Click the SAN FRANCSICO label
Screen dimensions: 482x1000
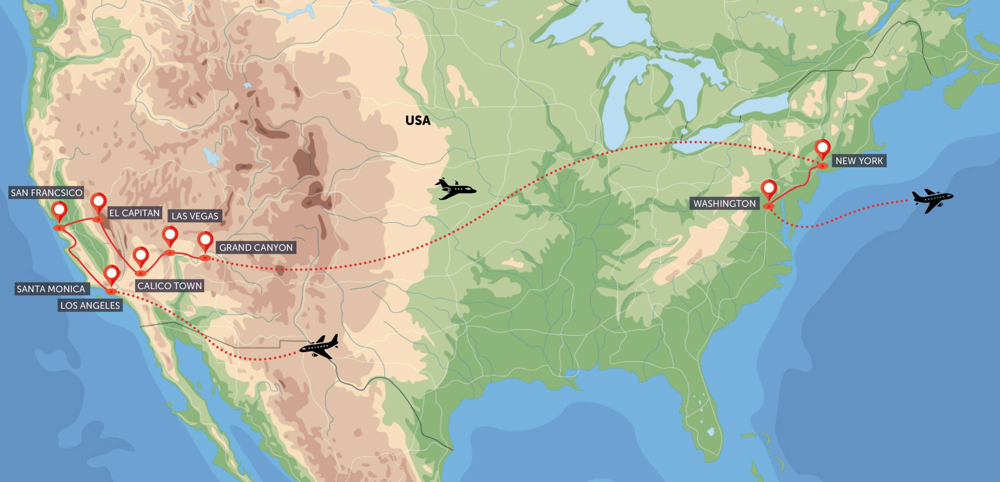46,193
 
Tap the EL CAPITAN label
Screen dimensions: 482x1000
134,213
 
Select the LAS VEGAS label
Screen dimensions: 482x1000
195,216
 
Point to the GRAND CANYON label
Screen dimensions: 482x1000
256,248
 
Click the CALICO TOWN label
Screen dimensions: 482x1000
170,286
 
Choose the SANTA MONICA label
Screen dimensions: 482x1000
51,289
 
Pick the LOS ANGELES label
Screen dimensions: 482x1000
90,305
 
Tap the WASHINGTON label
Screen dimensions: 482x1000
724,204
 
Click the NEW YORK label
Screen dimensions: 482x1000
859,161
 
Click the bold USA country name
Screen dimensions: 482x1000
418,121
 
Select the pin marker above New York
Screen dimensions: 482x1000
823,148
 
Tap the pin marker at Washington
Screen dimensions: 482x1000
769,189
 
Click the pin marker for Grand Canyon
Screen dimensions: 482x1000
205,241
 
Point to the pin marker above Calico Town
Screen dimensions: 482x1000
140,256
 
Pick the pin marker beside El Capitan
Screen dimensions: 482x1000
98,202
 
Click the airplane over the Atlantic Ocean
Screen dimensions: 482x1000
932,200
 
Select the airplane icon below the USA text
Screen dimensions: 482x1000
455,189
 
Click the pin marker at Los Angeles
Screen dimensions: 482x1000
111,274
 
